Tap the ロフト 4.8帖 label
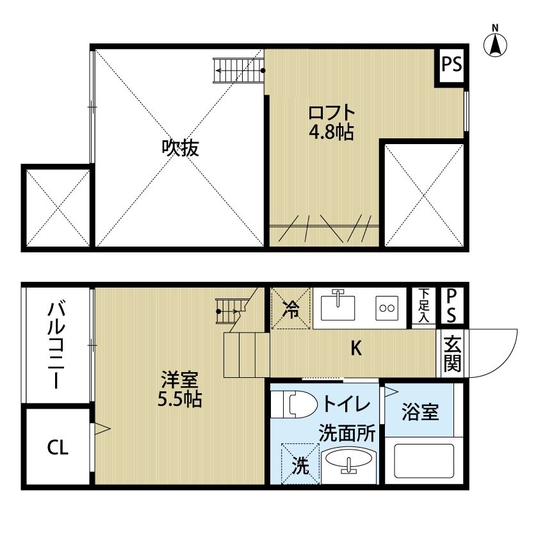pyautogui.click(x=332, y=122)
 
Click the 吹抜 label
pyautogui.click(x=181, y=148)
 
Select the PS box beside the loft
pyautogui.click(x=452, y=64)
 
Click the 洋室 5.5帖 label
pyautogui.click(x=179, y=389)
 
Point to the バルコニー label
pyautogui.click(x=56, y=345)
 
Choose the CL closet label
pyautogui.click(x=58, y=448)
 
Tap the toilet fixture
pyautogui.click(x=294, y=405)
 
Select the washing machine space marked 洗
pyautogui.click(x=300, y=464)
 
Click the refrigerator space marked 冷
pyautogui.click(x=291, y=308)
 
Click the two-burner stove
pyautogui.click(x=387, y=308)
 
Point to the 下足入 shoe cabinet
pyautogui.click(x=424, y=306)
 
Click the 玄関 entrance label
pyautogui.click(x=452, y=354)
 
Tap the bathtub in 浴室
pyautogui.click(x=424, y=461)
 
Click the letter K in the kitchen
pyautogui.click(x=356, y=348)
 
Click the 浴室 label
pyautogui.click(x=420, y=412)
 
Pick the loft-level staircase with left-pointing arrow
pyautogui.click(x=238, y=70)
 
